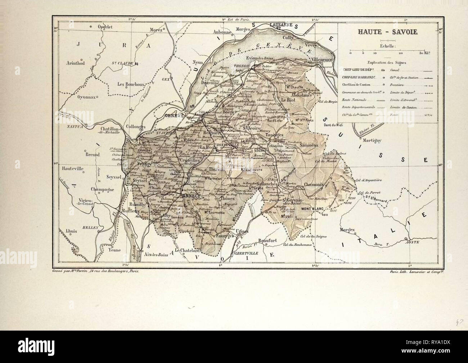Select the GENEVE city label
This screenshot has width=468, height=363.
172,116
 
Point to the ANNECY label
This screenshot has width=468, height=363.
193,195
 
